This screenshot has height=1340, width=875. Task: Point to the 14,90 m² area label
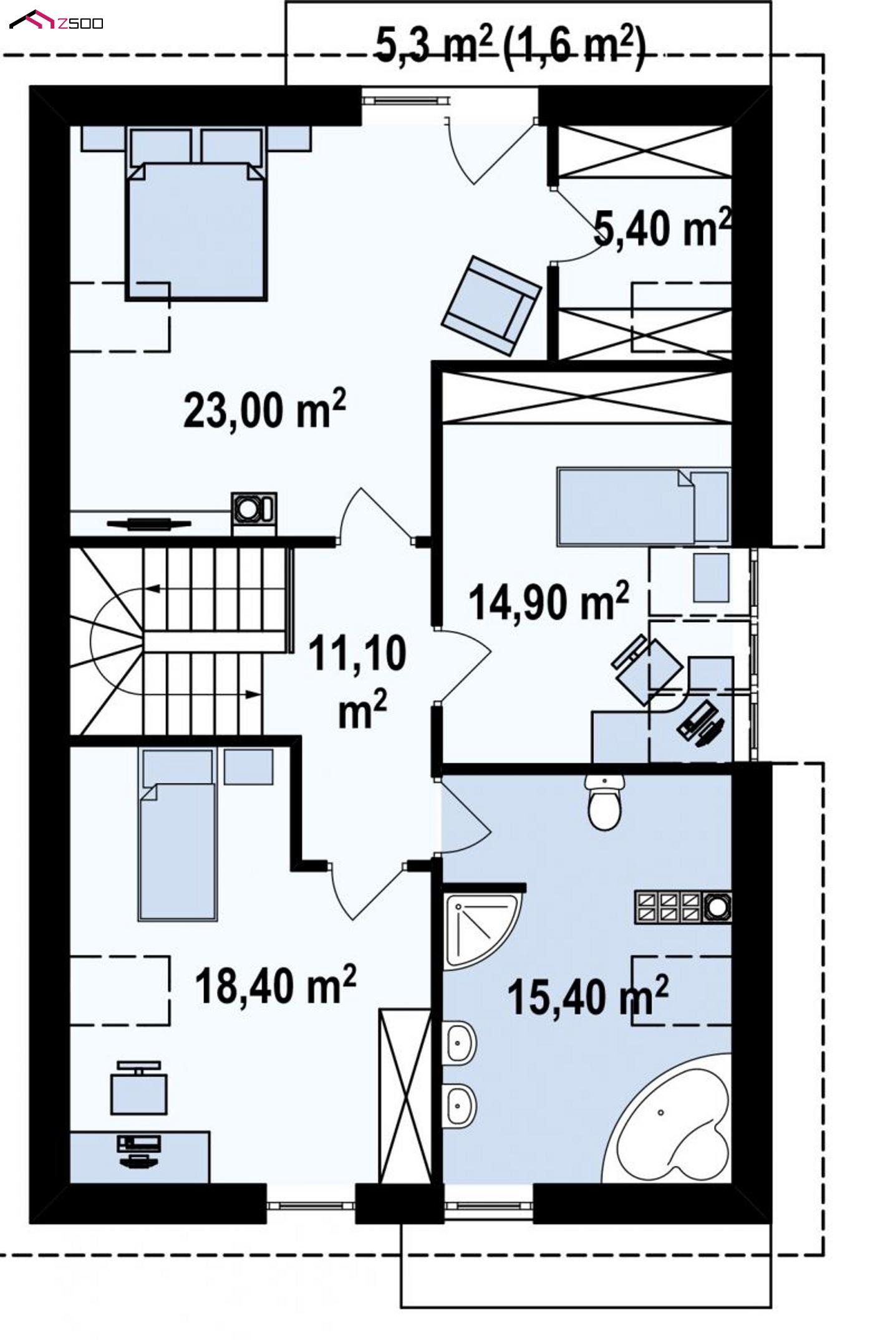point(549,601)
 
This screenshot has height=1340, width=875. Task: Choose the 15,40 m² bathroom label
point(588,995)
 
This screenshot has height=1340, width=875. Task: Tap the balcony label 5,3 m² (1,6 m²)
point(510,47)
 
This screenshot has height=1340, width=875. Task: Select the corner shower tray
point(481,929)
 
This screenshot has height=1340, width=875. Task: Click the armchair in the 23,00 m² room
point(491,305)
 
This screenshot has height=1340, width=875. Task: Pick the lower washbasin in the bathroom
point(461,1105)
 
